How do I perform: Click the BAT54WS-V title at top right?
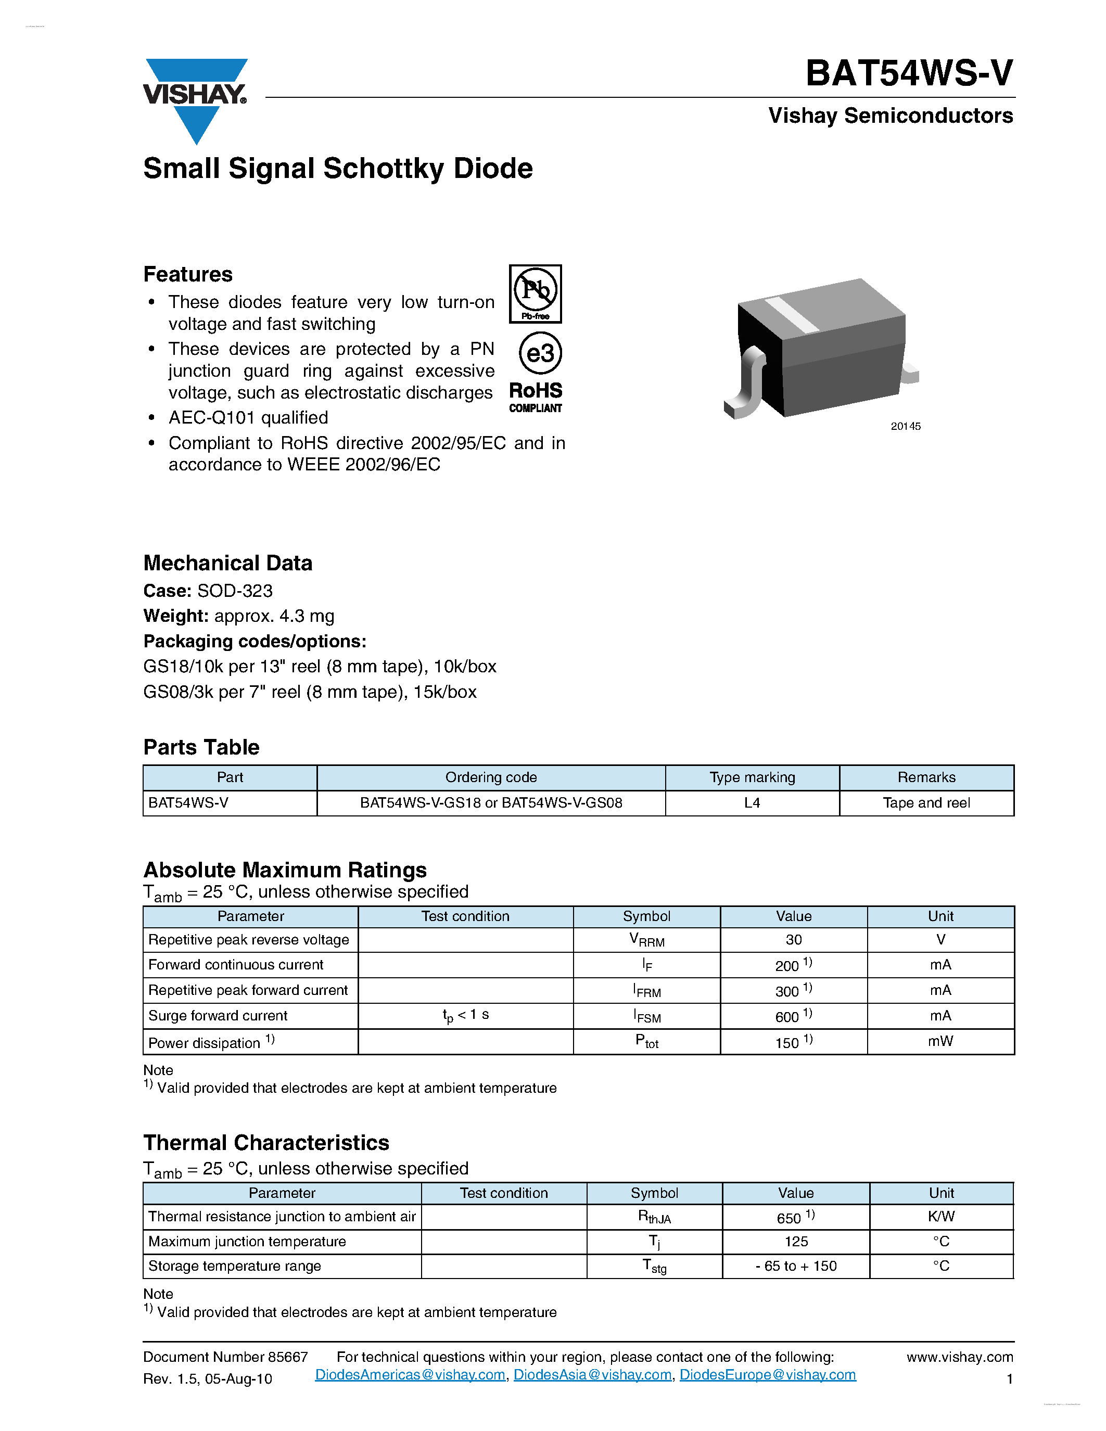909,73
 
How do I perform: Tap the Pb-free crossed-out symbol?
536,293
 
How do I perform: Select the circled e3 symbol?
540,353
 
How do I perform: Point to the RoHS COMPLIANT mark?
536,397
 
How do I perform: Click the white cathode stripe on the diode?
792,314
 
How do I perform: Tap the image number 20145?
905,426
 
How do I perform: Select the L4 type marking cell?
752,802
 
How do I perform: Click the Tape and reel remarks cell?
926,802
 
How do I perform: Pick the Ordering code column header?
491,777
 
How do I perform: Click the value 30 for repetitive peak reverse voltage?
794,940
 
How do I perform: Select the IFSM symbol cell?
647,1016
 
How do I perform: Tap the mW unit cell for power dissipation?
940,1041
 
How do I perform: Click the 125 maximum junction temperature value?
795,1241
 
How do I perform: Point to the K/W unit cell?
941,1216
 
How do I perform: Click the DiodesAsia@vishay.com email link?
592,1375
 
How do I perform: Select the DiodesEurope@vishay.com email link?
767,1375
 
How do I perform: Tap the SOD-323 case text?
235,591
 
